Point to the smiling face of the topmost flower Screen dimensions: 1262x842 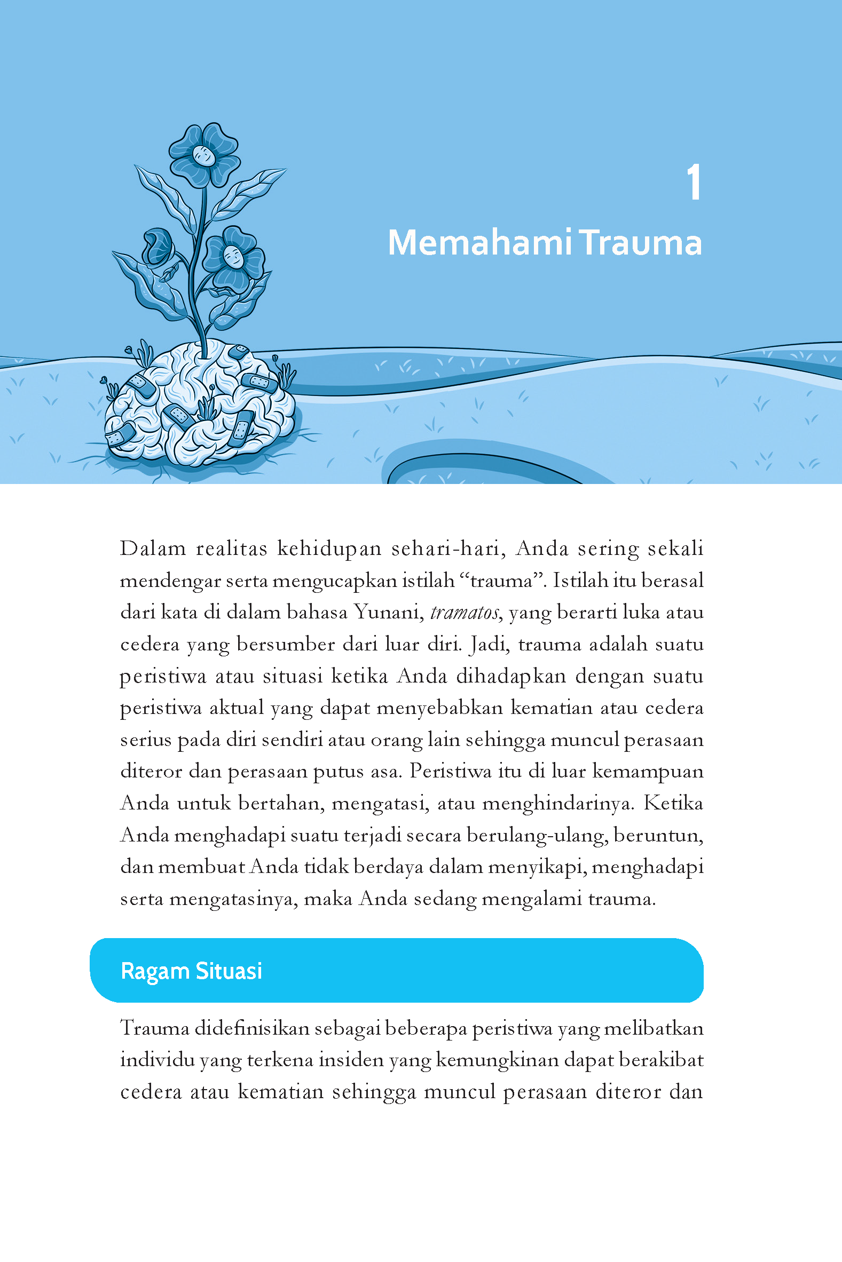203,156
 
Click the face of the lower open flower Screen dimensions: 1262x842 233,257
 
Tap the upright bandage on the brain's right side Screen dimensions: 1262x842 242,427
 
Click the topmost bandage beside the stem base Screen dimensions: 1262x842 238,352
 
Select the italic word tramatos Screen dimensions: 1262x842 465,612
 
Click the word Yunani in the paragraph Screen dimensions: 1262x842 386,612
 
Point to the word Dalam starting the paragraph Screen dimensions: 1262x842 153,549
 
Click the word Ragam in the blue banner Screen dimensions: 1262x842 155,971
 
